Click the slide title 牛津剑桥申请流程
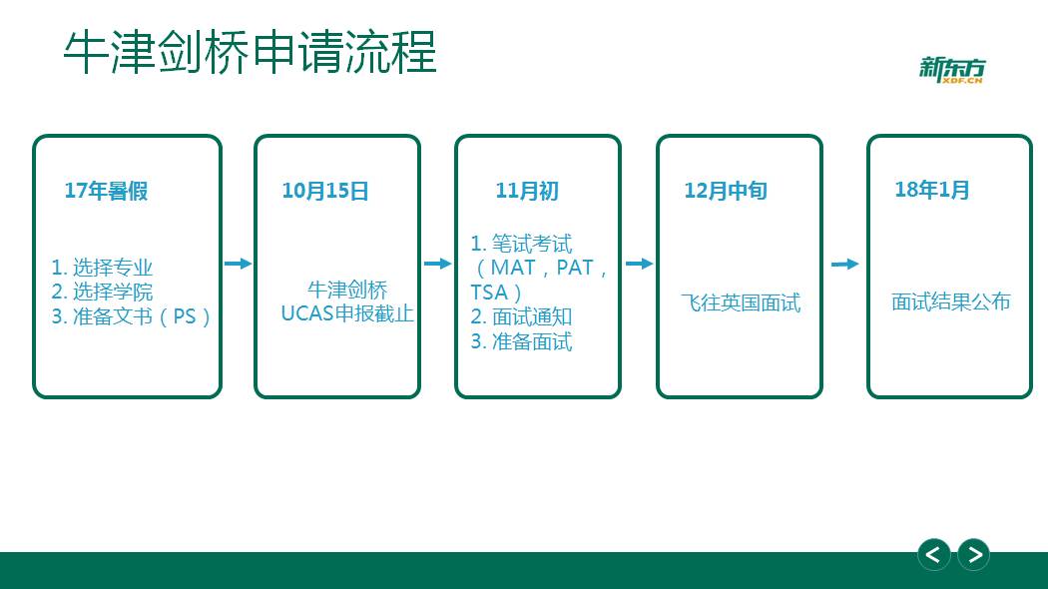pos(250,52)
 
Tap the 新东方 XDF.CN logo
pos(952,70)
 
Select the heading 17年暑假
pos(106,192)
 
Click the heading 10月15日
pos(324,192)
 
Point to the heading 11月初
pos(527,192)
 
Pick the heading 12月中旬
pos(726,192)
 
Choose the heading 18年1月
pos(931,190)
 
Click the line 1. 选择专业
pos(102,268)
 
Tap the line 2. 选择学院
pos(102,292)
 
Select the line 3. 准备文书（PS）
pos(131,316)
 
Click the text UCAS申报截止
pos(347,313)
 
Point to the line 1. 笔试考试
pos(521,244)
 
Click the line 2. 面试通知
pos(521,316)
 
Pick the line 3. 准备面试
pos(521,341)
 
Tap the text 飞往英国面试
pos(741,302)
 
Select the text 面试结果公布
pos(950,301)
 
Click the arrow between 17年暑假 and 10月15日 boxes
pos(238,264)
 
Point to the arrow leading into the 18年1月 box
pos(844,265)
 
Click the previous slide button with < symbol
pos(933,554)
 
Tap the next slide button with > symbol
pos(974,554)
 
